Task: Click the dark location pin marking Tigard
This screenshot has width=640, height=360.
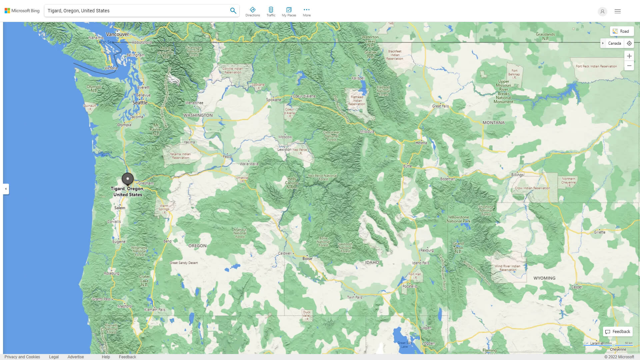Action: [x=127, y=179]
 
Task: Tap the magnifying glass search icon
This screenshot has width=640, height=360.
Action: [x=233, y=11]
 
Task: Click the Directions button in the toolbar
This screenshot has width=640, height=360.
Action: [x=252, y=12]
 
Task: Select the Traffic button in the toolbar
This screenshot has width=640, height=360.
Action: [x=271, y=12]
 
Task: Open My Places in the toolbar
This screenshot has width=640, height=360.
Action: [x=289, y=12]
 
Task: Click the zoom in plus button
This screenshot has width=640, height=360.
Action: [x=629, y=56]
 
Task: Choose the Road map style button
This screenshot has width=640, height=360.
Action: [x=621, y=31]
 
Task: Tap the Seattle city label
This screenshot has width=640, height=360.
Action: [x=140, y=103]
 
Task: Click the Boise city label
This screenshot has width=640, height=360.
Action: [x=307, y=259]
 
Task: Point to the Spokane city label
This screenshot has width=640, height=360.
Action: [x=273, y=100]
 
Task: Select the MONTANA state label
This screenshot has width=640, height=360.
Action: [x=493, y=123]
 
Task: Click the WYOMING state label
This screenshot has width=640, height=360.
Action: [x=544, y=278]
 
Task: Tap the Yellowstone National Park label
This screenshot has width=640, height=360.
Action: [x=458, y=219]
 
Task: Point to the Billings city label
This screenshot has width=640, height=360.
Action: [x=517, y=175]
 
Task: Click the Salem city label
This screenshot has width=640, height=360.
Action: [x=120, y=208]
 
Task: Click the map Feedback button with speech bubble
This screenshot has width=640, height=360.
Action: [x=618, y=332]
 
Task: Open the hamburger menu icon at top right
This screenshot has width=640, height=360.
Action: [x=617, y=11]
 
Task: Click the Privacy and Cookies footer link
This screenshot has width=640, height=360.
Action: [x=22, y=357]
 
